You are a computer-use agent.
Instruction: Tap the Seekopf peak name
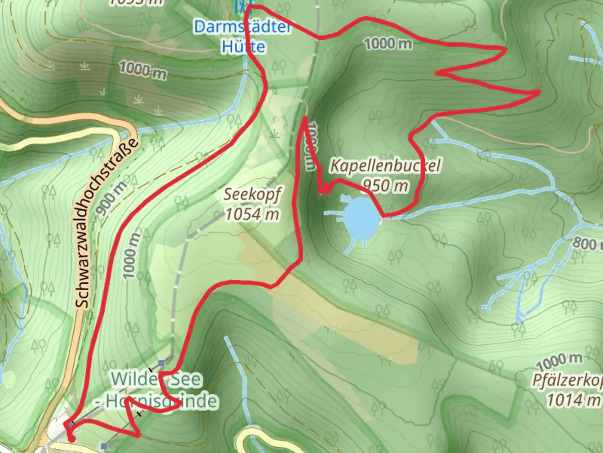[x=252, y=194]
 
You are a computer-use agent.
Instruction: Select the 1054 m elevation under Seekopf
[x=252, y=214]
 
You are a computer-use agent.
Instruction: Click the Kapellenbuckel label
[x=385, y=165]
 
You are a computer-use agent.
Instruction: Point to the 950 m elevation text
[x=385, y=185]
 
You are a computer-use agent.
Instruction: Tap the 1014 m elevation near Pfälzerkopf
[x=573, y=400]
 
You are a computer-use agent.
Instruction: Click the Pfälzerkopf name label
[x=567, y=380]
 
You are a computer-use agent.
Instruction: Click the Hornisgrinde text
[x=161, y=401]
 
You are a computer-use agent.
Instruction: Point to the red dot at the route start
[x=72, y=439]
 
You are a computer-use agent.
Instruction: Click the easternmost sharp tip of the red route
[x=540, y=91]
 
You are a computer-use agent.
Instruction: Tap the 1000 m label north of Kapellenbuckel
[x=388, y=43]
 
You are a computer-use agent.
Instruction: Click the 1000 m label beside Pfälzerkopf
[x=559, y=360]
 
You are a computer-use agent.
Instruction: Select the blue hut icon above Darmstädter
[x=242, y=6]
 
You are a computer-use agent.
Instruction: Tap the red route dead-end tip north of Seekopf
[x=305, y=118]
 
